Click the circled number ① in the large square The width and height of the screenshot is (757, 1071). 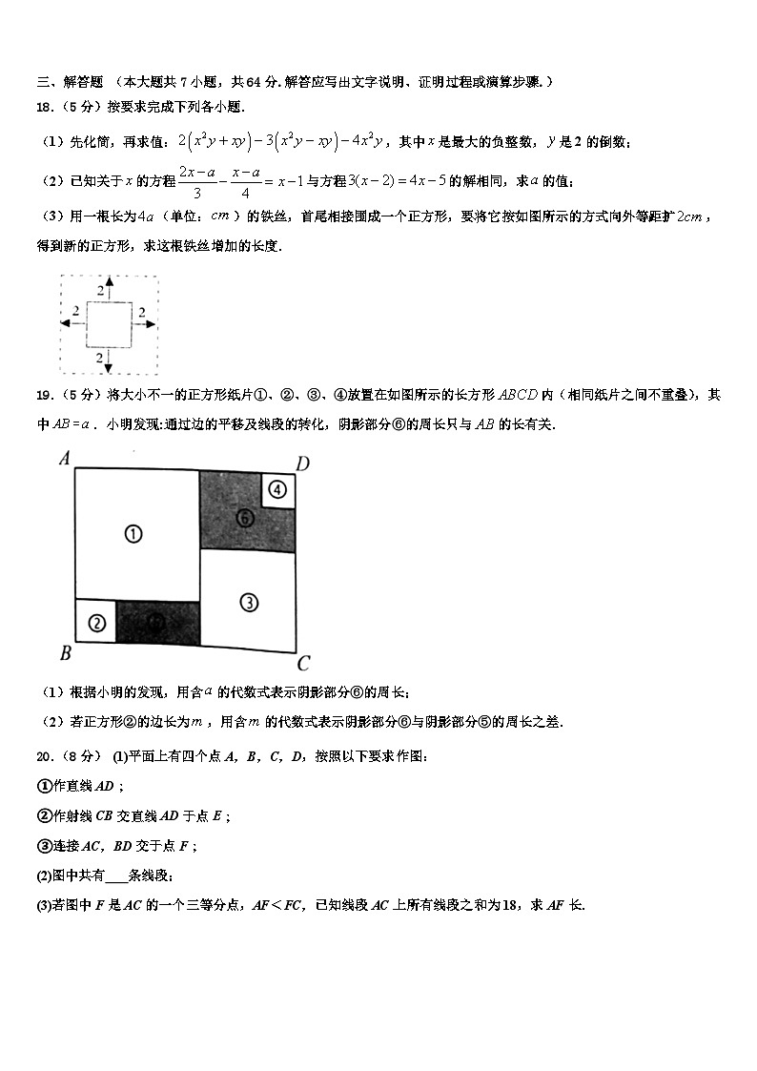click(x=133, y=534)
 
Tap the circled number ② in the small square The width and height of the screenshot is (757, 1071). click(x=95, y=624)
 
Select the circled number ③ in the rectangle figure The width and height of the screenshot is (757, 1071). click(x=249, y=603)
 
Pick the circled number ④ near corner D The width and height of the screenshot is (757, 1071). click(x=277, y=490)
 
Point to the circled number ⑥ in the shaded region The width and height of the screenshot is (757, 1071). click(x=245, y=518)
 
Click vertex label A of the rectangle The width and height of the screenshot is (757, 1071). click(x=65, y=459)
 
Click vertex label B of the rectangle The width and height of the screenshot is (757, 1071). click(x=65, y=654)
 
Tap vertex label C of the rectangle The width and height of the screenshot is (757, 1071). click(x=303, y=664)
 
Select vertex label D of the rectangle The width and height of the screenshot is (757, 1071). click(x=301, y=464)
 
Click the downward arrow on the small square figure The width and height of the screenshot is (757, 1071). click(x=108, y=361)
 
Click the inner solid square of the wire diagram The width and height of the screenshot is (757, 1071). click(x=108, y=324)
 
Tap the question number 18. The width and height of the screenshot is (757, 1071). click(x=46, y=108)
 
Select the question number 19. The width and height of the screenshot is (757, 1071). click(x=46, y=395)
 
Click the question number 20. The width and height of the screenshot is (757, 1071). click(x=46, y=756)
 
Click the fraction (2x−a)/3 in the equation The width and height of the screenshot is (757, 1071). click(x=195, y=180)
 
